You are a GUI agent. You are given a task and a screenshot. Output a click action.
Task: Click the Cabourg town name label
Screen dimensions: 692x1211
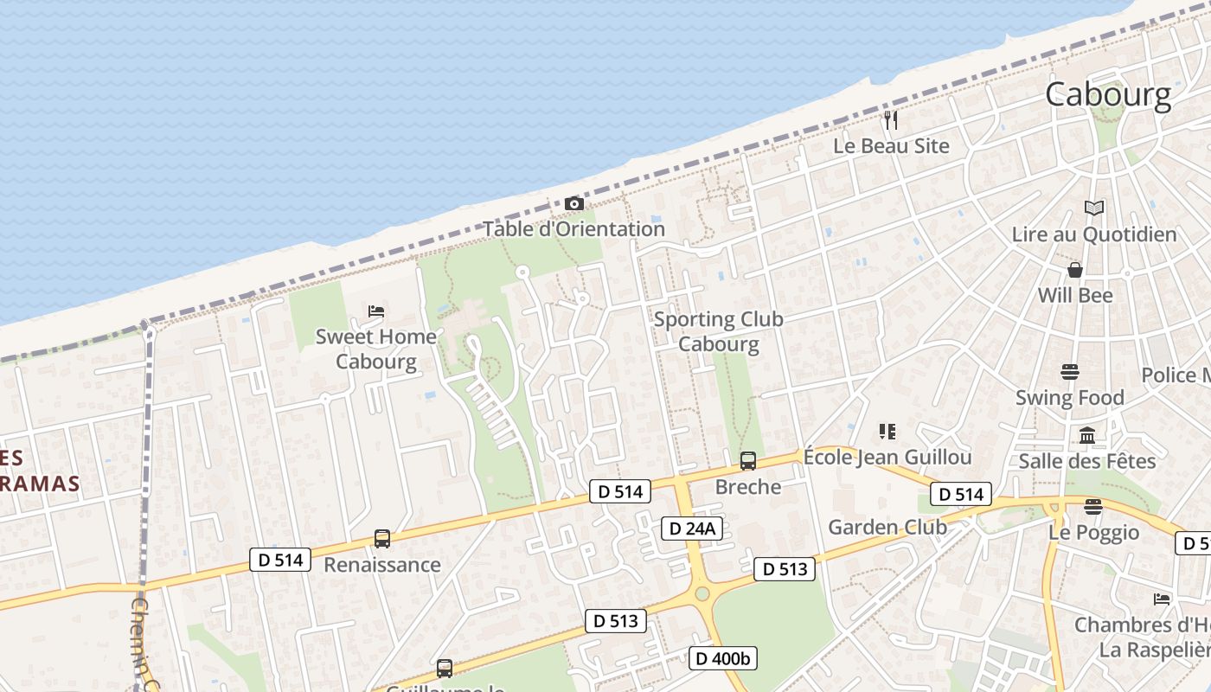[x=1108, y=94]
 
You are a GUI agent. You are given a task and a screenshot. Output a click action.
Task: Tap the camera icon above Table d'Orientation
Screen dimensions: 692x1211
[x=573, y=204]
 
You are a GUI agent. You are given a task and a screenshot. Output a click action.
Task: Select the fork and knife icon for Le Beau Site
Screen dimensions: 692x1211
[x=891, y=120]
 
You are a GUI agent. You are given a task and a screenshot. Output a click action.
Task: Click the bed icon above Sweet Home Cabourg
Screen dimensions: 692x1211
[x=376, y=311]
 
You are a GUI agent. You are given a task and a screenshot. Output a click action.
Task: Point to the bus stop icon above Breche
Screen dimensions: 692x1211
[x=748, y=461]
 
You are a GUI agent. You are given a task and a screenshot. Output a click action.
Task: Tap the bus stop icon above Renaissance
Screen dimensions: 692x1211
[x=382, y=539]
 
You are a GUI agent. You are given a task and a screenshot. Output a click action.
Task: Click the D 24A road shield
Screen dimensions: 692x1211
[x=691, y=529]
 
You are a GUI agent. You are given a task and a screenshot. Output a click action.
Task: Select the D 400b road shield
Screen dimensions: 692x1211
[x=724, y=658]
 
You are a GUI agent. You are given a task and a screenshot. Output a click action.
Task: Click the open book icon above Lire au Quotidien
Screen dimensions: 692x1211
[x=1094, y=208]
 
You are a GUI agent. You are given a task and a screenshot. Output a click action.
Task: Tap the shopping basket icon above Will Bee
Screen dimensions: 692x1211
[x=1075, y=270]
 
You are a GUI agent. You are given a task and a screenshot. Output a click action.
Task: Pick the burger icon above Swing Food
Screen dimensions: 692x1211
[x=1070, y=372]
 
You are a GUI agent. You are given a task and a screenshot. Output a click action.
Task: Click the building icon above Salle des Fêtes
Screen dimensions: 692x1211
[x=1087, y=435]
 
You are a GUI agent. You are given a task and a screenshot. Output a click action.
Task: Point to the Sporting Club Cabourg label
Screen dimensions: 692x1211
[x=718, y=331]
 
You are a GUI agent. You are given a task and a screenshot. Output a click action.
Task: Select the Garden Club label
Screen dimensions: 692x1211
[x=887, y=527]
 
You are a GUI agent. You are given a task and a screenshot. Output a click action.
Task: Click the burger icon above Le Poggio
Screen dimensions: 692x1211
[x=1093, y=507]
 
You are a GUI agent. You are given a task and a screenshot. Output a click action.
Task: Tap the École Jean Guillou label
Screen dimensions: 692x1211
[x=887, y=458]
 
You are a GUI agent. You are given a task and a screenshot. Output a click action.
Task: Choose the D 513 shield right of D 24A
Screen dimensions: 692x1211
[x=785, y=568]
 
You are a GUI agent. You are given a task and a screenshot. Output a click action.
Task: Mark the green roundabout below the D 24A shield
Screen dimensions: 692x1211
[x=702, y=593]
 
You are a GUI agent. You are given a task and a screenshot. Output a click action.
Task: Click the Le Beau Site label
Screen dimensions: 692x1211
[x=891, y=146]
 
